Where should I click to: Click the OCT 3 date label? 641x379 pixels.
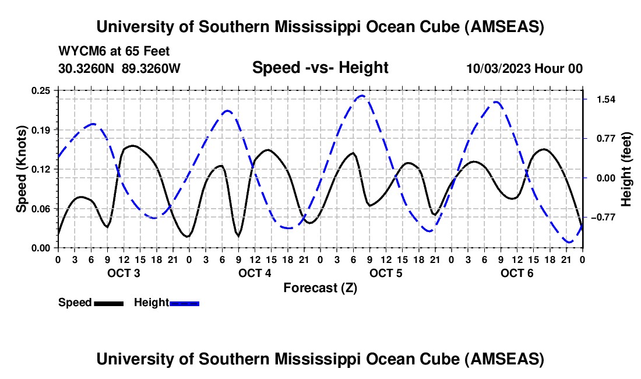pos(124,273)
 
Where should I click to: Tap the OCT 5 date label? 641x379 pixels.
pos(386,273)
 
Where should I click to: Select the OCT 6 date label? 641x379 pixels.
pos(517,273)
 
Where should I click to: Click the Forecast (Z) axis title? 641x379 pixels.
pos(320,288)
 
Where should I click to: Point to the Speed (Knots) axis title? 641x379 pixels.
pos(22,169)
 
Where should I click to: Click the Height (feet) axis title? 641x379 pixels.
pos(626,169)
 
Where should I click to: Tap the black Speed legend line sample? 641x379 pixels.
pos(108,303)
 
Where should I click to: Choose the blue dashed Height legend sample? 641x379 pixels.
pos(185,303)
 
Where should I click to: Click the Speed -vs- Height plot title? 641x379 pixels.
pos(320,68)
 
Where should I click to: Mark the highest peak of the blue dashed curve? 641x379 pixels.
pos(362,96)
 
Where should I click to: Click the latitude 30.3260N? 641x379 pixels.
pos(87,68)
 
